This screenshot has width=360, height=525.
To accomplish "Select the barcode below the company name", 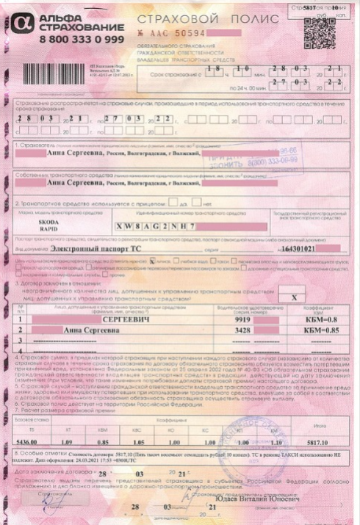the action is pyautogui.click(x=48, y=76).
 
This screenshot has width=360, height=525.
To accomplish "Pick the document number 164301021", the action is pyautogui.click(x=289, y=250).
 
